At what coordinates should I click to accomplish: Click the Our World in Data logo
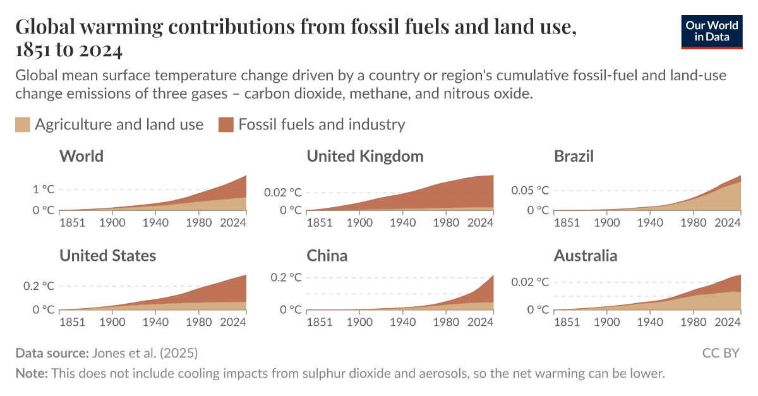712,30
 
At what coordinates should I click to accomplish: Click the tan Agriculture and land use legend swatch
23,124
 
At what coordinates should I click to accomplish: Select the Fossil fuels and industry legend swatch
226,124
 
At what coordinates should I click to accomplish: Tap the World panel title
81,156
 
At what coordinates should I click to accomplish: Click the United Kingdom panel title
365,156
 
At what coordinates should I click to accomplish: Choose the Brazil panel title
574,156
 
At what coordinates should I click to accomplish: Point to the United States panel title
107,255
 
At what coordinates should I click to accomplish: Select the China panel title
327,255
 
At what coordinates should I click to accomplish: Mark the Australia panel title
586,255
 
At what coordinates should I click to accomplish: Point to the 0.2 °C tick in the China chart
287,277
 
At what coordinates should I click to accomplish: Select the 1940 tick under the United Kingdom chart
403,222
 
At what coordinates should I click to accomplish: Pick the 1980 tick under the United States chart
200,321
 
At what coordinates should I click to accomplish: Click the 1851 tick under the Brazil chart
567,222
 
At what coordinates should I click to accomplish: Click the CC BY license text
721,352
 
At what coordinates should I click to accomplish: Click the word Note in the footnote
31,373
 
